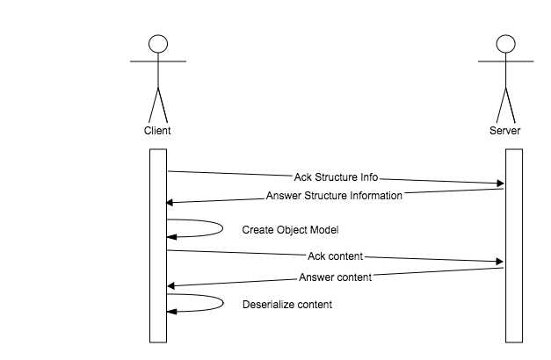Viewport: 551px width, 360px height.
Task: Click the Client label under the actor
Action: tap(157, 131)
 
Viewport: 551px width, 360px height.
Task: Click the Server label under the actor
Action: tap(504, 131)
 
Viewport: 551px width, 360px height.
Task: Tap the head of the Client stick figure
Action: tap(157, 45)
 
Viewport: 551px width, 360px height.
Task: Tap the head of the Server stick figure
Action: tap(504, 45)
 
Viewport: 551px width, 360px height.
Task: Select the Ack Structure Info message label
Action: tap(336, 177)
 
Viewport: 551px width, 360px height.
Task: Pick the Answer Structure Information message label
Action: tap(334, 196)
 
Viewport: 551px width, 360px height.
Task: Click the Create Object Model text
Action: tap(291, 230)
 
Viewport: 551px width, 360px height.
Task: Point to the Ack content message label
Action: tap(336, 256)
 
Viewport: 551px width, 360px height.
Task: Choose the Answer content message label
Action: tap(336, 277)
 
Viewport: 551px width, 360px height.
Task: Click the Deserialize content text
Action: tap(287, 305)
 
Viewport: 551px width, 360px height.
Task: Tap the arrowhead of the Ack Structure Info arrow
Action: tap(501, 184)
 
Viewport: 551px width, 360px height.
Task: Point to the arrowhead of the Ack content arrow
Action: tap(501, 262)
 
